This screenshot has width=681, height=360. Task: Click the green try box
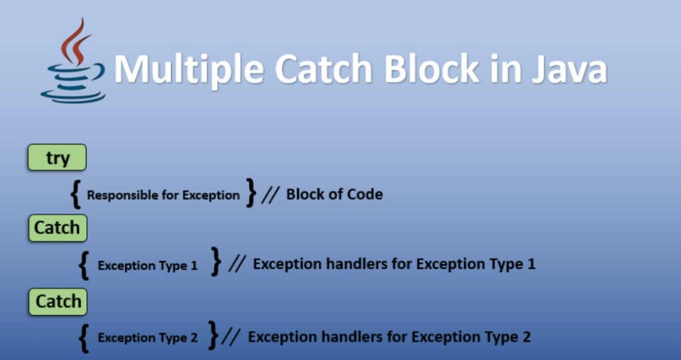click(x=57, y=158)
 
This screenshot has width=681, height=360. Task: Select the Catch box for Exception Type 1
click(x=57, y=228)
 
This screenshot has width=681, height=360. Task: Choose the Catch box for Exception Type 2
click(x=58, y=301)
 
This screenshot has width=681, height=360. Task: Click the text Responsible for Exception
click(x=163, y=196)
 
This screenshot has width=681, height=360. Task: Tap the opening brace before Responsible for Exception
click(x=76, y=194)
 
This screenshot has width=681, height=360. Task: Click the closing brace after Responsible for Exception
click(x=250, y=193)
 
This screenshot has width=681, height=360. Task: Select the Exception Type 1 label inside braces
click(x=148, y=266)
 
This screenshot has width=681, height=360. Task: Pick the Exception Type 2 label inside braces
click(x=148, y=338)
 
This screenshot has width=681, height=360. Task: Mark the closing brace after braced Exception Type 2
click(x=213, y=335)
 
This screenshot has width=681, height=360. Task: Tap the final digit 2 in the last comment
click(x=526, y=337)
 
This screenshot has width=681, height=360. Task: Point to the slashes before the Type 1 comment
click(x=235, y=264)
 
